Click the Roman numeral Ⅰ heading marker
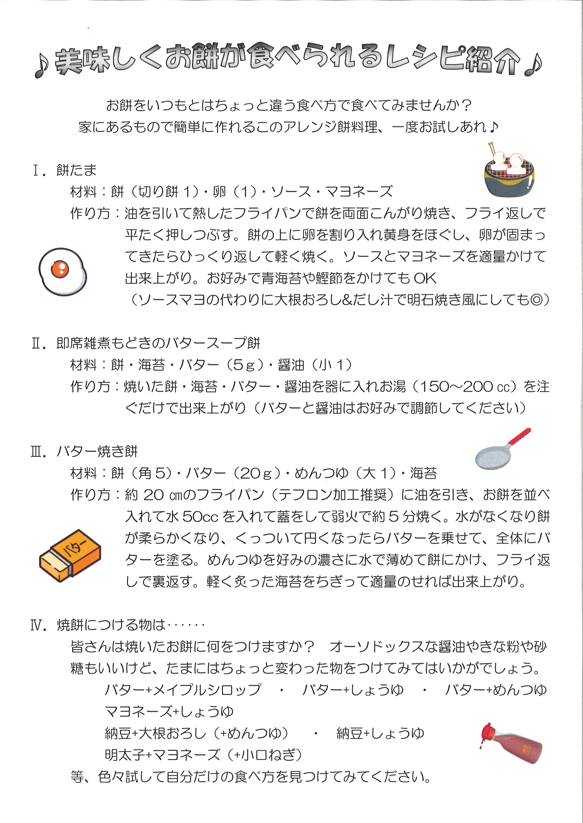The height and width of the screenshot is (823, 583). [39, 170]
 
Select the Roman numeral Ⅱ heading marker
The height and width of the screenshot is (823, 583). [39, 343]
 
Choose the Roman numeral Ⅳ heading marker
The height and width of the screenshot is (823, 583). [39, 625]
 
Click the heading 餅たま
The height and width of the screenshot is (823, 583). [77, 170]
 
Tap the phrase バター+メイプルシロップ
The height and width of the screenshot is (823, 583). [183, 690]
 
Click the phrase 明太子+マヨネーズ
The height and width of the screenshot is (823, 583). [163, 755]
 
